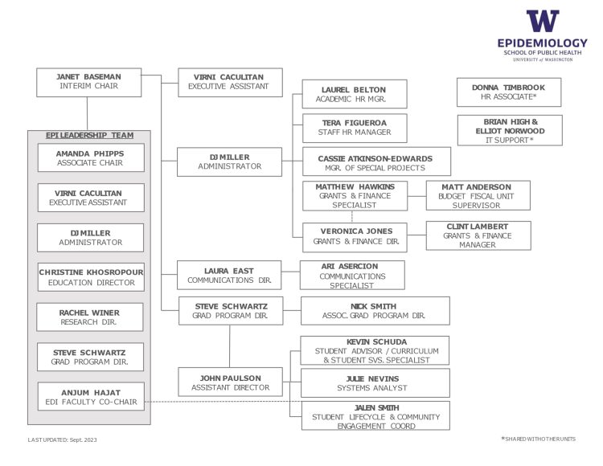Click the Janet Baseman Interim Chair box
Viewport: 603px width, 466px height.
pos(88,82)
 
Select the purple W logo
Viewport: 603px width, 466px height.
pos(542,22)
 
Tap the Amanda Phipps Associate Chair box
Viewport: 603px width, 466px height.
pos(90,157)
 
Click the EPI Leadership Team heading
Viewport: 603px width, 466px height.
pos(90,135)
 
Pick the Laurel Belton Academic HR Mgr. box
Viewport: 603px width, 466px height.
pos(354,94)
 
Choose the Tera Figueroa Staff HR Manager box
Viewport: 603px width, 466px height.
pos(354,128)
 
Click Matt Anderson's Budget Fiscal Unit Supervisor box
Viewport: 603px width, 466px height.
pos(478,195)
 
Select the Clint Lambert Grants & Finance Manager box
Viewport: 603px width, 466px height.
pos(478,235)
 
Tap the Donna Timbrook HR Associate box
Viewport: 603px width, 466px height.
pos(508,92)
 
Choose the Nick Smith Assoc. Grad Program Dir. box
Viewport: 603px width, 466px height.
pos(375,311)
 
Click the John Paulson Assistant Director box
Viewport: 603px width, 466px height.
pos(230,382)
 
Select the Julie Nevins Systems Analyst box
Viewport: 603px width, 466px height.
pos(375,382)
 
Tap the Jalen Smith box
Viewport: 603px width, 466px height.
pos(375,416)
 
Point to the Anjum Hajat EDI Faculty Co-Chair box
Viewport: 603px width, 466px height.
pos(90,397)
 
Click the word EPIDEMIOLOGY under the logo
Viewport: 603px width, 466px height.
pos(542,43)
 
